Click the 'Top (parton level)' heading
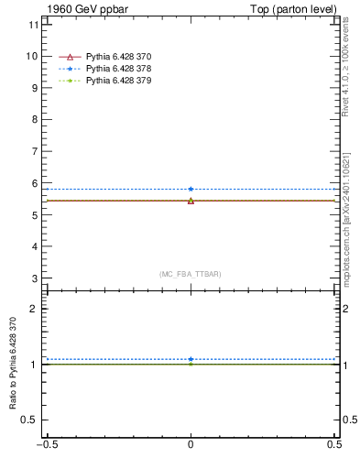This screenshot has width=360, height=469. [x=297, y=9]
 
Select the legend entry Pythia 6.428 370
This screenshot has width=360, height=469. [x=118, y=57]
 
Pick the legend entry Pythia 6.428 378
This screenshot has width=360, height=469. [x=118, y=69]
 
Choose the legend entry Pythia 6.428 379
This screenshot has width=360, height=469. [x=118, y=81]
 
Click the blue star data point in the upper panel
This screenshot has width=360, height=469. [x=191, y=189]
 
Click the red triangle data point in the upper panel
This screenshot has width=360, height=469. [x=191, y=201]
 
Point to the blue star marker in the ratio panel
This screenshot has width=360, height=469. [x=191, y=359]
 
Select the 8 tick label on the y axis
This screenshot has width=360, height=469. [x=34, y=120]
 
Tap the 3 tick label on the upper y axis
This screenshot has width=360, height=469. [x=34, y=278]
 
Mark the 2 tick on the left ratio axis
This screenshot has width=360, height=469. [x=34, y=309]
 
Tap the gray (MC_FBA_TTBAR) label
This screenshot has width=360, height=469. [x=190, y=274]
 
